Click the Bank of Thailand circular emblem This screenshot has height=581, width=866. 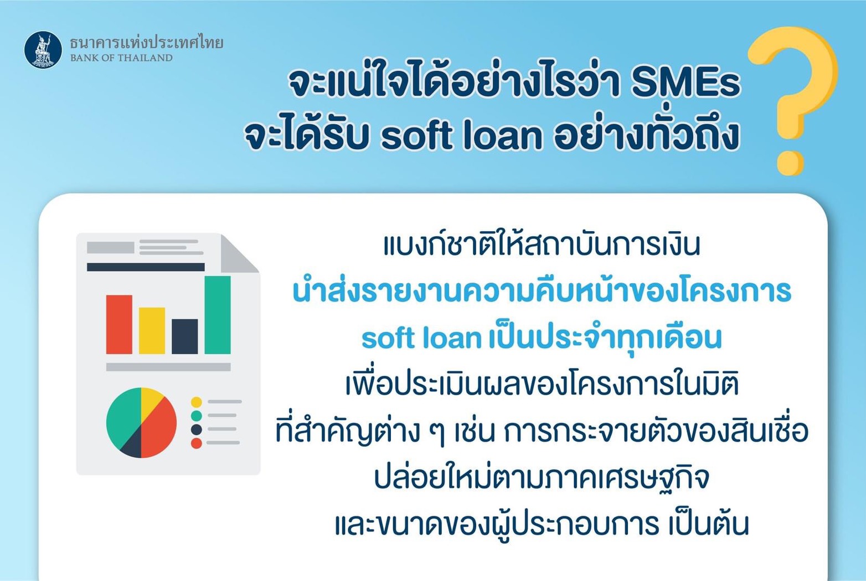click(x=43, y=49)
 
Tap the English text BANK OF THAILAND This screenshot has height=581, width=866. click(x=121, y=58)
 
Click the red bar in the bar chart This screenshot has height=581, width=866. click(x=119, y=324)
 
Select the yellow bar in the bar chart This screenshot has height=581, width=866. click(x=152, y=330)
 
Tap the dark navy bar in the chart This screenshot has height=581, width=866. click(x=185, y=337)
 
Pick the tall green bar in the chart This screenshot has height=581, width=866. click(x=218, y=315)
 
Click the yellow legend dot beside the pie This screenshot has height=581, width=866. click(x=197, y=402)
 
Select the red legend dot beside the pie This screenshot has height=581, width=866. click(x=197, y=443)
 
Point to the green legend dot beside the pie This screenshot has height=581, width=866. click(x=197, y=416)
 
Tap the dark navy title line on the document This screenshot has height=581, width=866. click(x=146, y=267)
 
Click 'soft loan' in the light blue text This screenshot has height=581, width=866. click(x=422, y=338)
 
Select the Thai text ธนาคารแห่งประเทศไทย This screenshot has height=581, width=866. click(x=147, y=42)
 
